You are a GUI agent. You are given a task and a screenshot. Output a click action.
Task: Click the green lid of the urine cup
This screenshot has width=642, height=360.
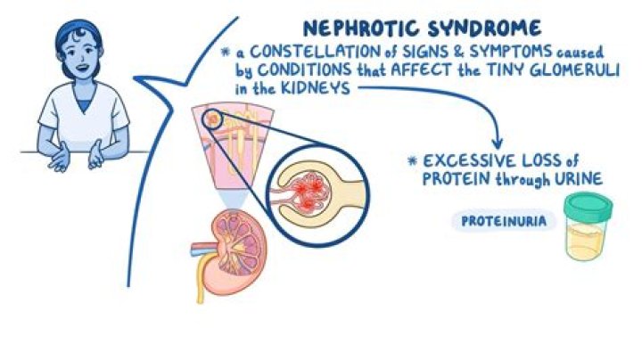coord(583,207)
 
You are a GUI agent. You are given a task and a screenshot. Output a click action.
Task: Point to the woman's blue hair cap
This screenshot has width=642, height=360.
coord(72,32)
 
